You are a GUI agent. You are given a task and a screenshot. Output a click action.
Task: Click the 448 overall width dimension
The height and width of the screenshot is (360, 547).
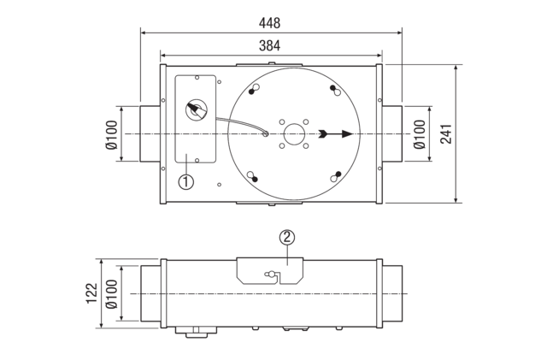click(271, 23)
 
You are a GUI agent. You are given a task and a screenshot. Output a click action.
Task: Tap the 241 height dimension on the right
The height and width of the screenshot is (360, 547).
click(446, 133)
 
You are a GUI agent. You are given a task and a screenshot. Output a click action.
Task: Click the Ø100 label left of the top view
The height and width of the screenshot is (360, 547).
click(111, 134)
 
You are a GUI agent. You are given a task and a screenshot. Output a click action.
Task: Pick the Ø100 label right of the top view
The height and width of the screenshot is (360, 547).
click(419, 134)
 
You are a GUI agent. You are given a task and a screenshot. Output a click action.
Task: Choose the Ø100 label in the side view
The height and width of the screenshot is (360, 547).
click(111, 293)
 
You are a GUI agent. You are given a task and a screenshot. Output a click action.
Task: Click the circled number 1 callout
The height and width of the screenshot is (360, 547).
click(185, 181)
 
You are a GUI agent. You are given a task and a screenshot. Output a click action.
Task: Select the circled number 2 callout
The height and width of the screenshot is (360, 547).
click(287, 237)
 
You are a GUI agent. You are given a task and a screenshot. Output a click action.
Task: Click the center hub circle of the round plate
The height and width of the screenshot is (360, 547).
click(293, 133)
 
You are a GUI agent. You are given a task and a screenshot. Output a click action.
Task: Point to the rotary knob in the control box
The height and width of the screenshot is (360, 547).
click(197, 110)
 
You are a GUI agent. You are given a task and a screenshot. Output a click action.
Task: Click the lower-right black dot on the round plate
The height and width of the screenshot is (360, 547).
click(338, 174)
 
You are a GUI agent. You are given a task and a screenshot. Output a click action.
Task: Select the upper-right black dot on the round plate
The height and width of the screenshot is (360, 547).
click(332, 88)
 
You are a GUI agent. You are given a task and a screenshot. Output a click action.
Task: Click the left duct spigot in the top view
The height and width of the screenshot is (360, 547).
click(150, 134)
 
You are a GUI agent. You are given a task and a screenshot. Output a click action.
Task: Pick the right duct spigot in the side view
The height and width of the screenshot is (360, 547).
click(391, 293)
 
